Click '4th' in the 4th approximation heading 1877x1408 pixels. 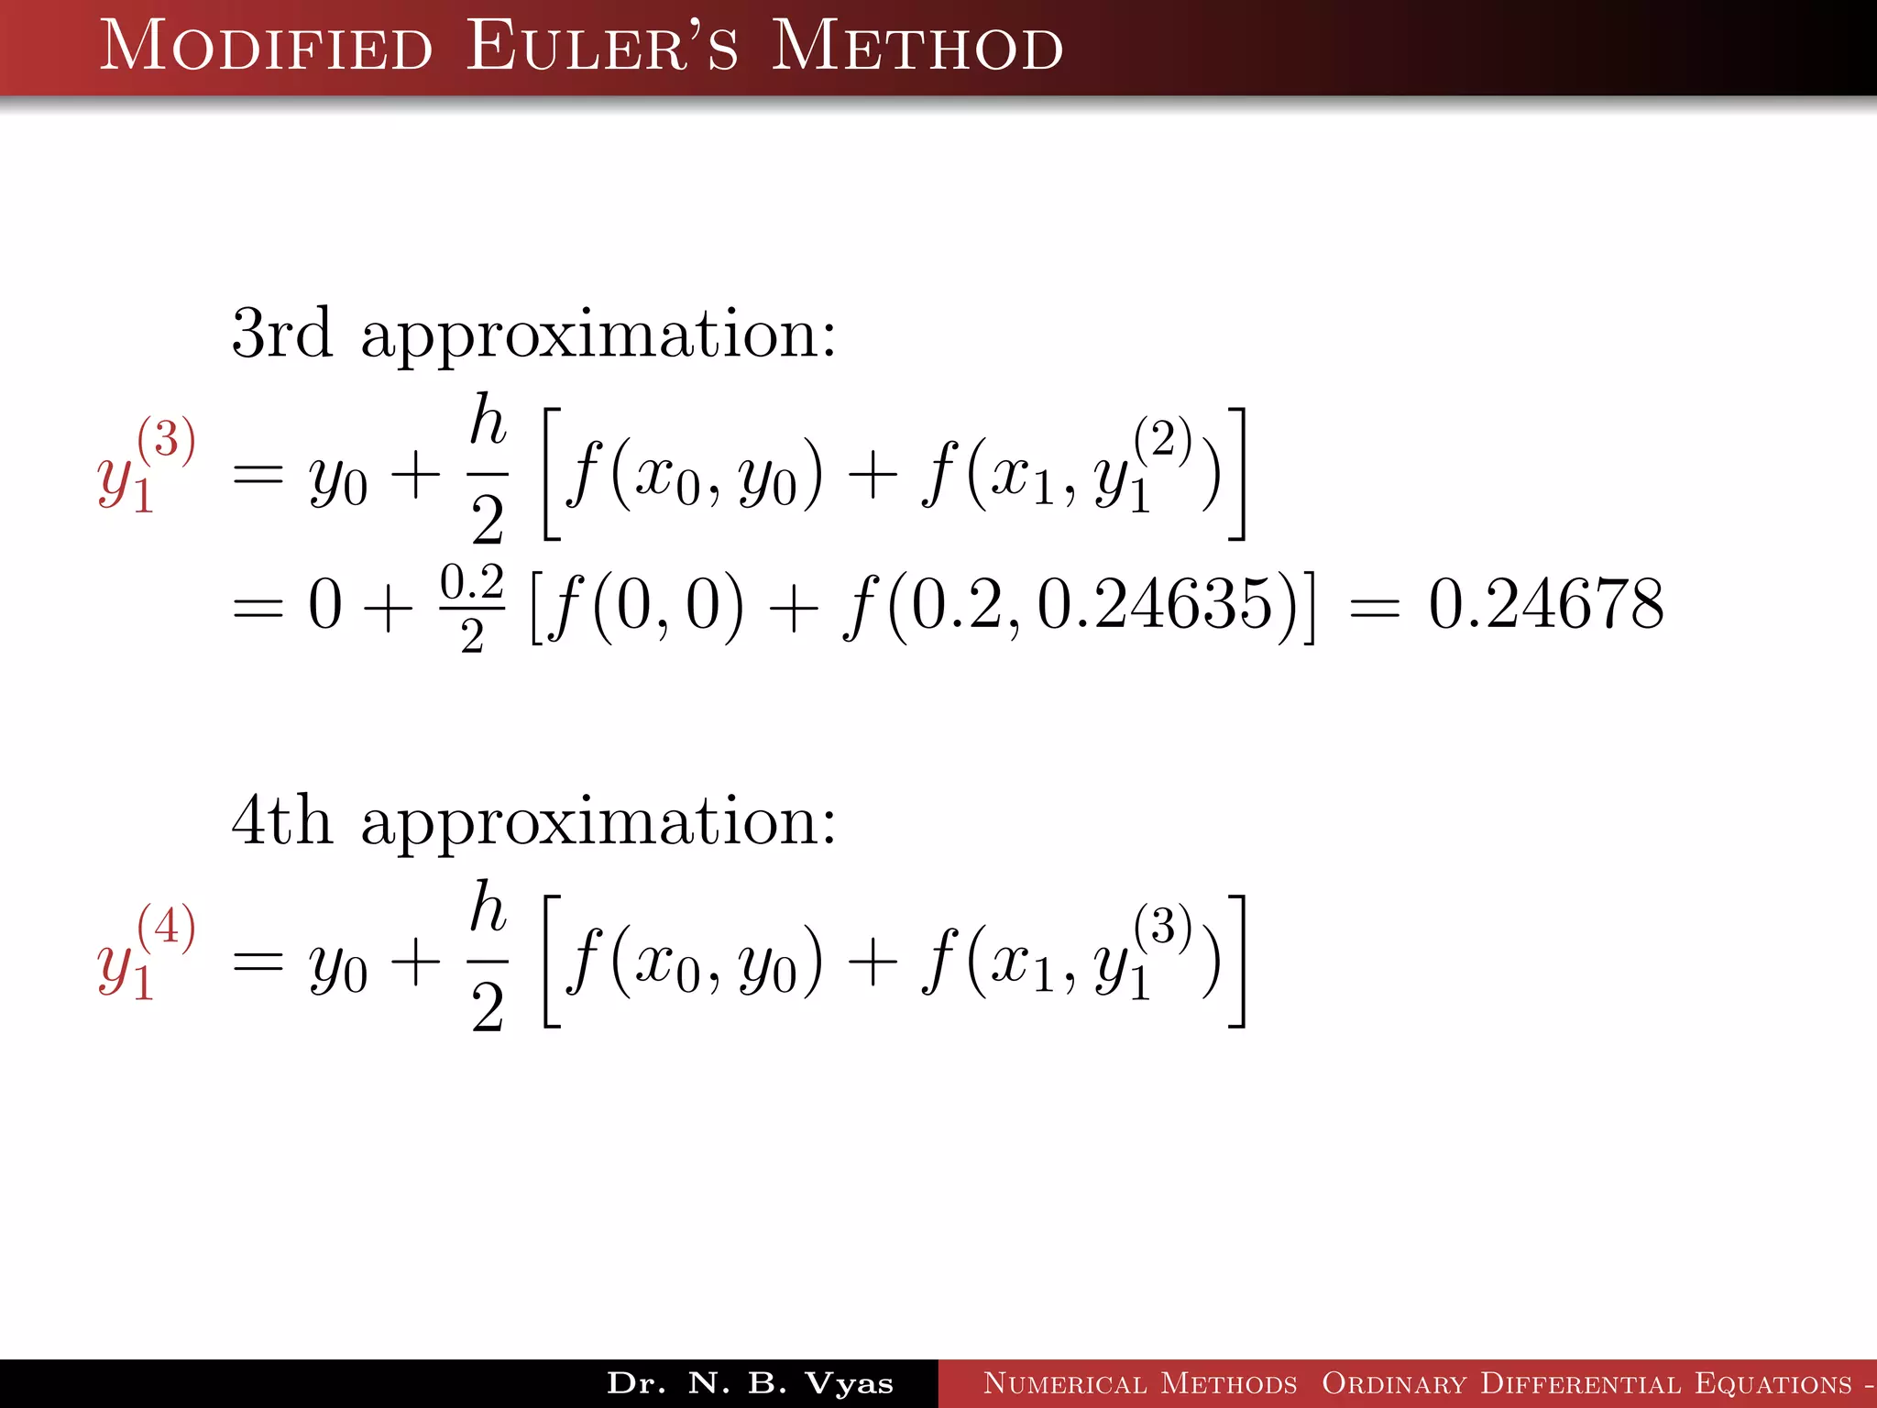[x=281, y=820]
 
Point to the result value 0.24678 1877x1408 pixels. [x=1546, y=605]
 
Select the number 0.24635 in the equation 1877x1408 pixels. [x=1156, y=605]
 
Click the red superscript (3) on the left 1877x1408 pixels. [x=166, y=439]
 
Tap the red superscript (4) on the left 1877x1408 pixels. [x=166, y=926]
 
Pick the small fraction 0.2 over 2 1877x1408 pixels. [x=472, y=608]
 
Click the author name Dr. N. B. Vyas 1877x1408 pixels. [x=750, y=1383]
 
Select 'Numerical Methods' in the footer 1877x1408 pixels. [x=1139, y=1383]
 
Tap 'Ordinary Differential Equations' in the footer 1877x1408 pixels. [x=1586, y=1383]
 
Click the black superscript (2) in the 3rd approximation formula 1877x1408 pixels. [x=1162, y=439]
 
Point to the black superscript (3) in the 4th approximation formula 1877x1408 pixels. [x=1162, y=926]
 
